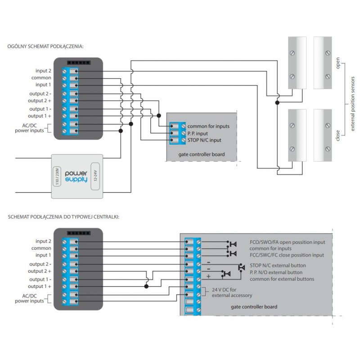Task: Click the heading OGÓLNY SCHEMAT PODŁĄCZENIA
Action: pyautogui.click(x=45, y=46)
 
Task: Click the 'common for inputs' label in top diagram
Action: pyautogui.click(x=208, y=126)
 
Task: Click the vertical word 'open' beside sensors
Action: pyautogui.click(x=338, y=63)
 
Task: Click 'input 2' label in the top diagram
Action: pyautogui.click(x=44, y=71)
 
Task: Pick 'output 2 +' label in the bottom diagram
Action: pyautogui.click(x=39, y=271)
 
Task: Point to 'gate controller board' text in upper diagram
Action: pyautogui.click(x=202, y=154)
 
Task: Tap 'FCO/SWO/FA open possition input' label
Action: pyautogui.click(x=287, y=242)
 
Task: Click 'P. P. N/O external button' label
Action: pyautogui.click(x=276, y=272)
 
